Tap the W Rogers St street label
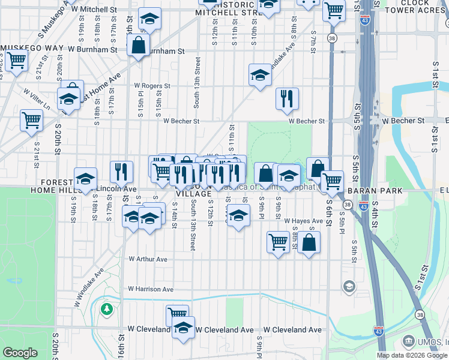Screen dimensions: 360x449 152,86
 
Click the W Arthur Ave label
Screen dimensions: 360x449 148,259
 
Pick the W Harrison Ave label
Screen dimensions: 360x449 151,289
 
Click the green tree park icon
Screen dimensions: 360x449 107,309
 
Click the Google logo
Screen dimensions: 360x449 20,353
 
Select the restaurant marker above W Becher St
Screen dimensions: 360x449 287,98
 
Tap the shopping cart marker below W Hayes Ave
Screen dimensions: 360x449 278,242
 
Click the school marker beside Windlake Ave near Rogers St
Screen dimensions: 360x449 260,75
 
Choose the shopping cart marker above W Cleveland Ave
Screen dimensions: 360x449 177,314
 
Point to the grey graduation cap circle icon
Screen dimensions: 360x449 348,287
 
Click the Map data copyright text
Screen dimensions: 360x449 411,355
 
